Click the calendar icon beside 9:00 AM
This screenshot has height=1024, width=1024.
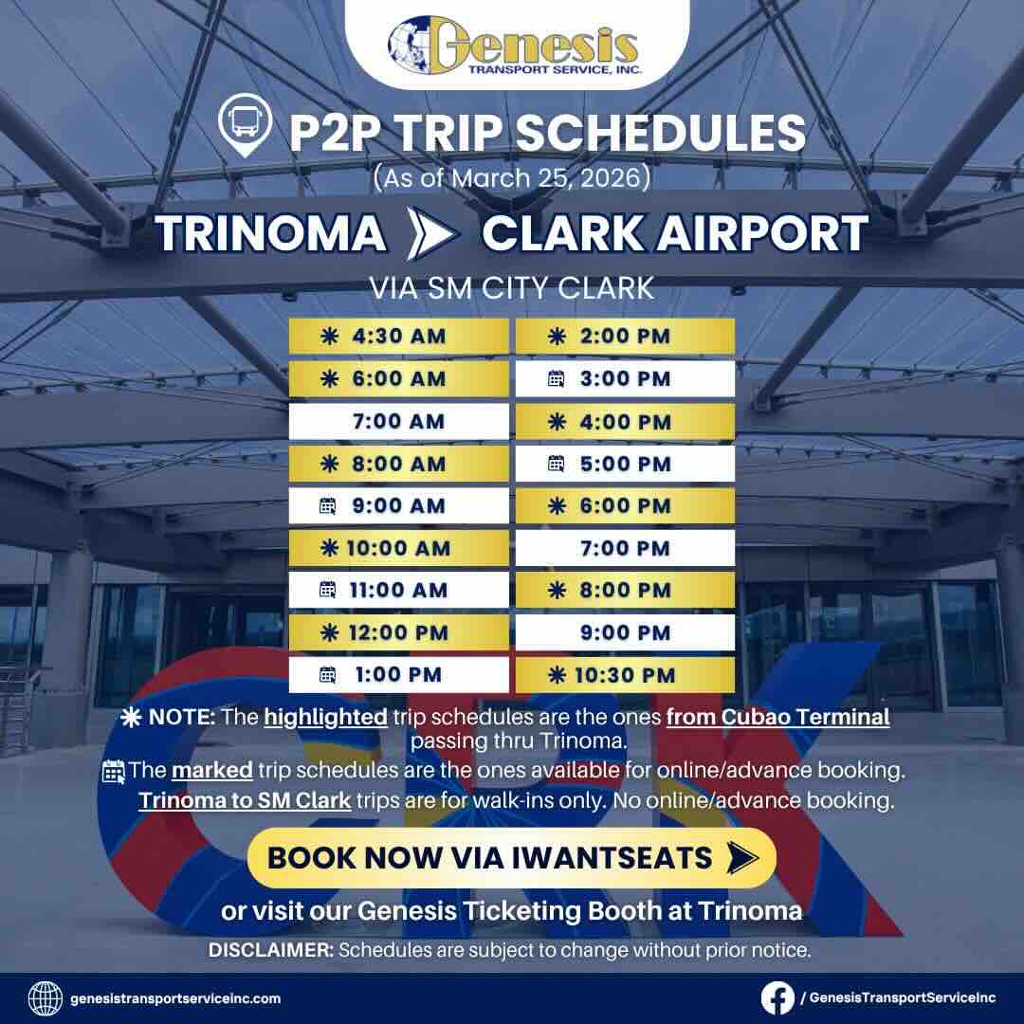click(x=328, y=506)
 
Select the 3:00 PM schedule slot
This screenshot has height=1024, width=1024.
click(x=625, y=379)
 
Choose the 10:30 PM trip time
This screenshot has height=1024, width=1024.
click(x=625, y=675)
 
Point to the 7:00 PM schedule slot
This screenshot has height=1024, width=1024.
click(x=625, y=548)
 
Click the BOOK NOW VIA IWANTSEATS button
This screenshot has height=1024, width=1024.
click(x=511, y=857)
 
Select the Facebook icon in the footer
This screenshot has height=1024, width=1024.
click(x=777, y=997)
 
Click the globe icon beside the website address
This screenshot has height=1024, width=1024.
click(x=46, y=997)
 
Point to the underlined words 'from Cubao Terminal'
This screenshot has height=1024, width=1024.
click(x=777, y=717)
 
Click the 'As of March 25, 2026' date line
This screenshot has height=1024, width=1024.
click(x=512, y=178)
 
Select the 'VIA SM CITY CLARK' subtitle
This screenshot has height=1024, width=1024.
click(x=512, y=287)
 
